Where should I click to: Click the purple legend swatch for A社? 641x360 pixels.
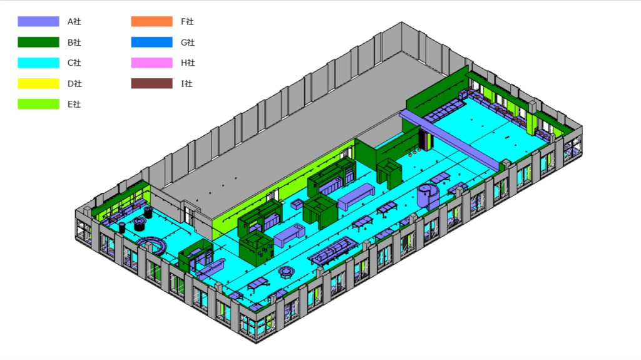pyautogui.click(x=38, y=21)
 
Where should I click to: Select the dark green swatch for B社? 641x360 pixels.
pyautogui.click(x=38, y=42)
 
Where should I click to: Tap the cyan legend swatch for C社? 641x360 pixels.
pyautogui.click(x=38, y=63)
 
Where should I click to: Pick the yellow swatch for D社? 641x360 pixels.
pyautogui.click(x=38, y=83)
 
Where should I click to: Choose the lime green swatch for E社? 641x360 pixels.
pyautogui.click(x=38, y=104)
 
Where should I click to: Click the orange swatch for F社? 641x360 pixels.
pyautogui.click(x=151, y=21)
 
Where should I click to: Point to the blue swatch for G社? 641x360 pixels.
pyautogui.click(x=151, y=42)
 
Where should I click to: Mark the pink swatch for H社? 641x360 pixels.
pyautogui.click(x=151, y=63)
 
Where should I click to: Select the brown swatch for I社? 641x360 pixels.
pyautogui.click(x=151, y=83)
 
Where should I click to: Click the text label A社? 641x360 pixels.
pyautogui.click(x=74, y=21)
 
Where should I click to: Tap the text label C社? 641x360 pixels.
pyautogui.click(x=74, y=63)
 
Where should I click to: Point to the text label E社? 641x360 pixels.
pyautogui.click(x=74, y=104)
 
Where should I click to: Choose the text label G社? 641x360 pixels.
pyautogui.click(x=188, y=42)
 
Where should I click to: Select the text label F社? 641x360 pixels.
pyautogui.click(x=188, y=21)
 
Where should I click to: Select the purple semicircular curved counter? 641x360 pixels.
pyautogui.click(x=152, y=244)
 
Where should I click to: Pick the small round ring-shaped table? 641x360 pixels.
pyautogui.click(x=287, y=272)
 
